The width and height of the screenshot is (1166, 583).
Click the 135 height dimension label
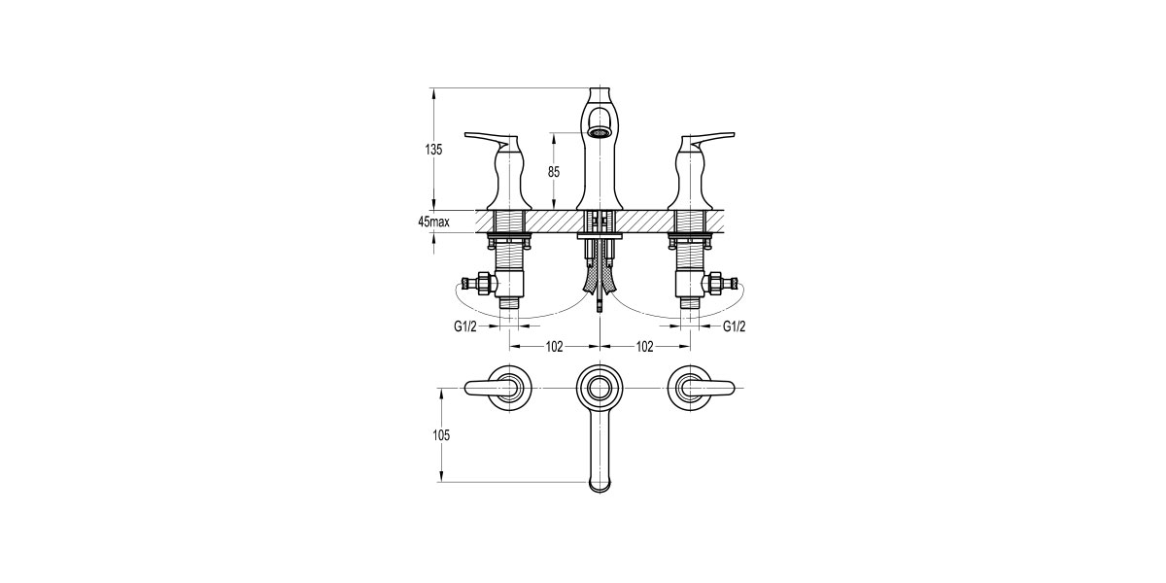click(x=433, y=150)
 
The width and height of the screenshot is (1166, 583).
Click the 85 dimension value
click(x=554, y=172)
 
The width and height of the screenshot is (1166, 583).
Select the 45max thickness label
click(x=433, y=223)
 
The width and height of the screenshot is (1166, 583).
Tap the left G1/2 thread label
click(x=464, y=326)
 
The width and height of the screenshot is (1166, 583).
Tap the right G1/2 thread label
click(x=734, y=326)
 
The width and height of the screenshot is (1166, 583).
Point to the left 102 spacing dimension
click(x=555, y=347)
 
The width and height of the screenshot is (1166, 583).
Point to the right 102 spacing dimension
click(x=645, y=347)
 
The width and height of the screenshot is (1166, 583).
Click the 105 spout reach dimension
click(x=441, y=435)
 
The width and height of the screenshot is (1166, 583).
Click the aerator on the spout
click(x=600, y=133)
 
